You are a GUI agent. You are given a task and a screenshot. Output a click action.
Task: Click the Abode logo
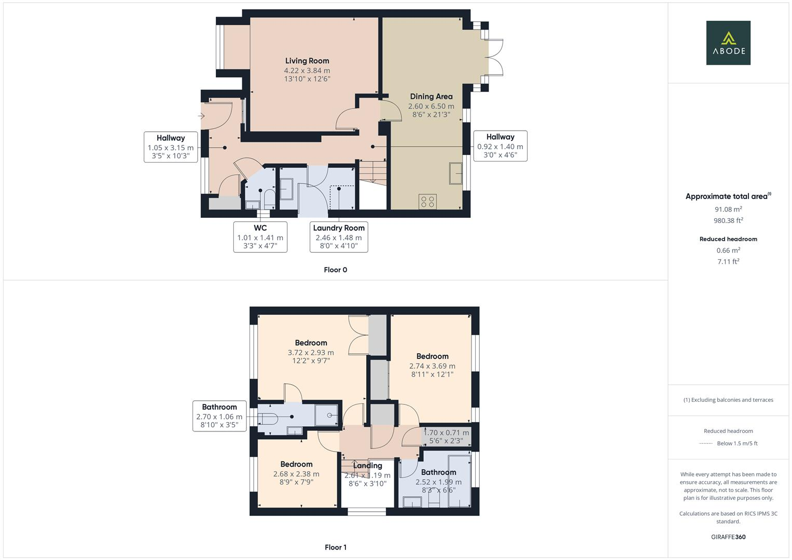pyautogui.click(x=728, y=43)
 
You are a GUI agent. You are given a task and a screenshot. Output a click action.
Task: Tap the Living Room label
pyautogui.click(x=307, y=61)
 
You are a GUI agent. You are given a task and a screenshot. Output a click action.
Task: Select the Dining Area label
pyautogui.click(x=431, y=96)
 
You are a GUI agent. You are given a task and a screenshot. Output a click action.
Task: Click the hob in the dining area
pyautogui.click(x=427, y=201)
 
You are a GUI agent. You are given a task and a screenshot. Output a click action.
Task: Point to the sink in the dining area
pyautogui.click(x=456, y=173)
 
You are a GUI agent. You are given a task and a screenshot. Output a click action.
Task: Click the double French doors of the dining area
pyautogui.click(x=495, y=58)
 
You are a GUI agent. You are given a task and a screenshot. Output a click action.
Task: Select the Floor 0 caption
pyautogui.click(x=335, y=270)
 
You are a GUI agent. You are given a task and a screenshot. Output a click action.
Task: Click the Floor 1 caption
pyautogui.click(x=335, y=547)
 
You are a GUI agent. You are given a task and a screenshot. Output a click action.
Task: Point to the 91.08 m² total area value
pyautogui.click(x=728, y=209)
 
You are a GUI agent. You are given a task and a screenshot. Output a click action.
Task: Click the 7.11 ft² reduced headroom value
pyautogui.click(x=728, y=261)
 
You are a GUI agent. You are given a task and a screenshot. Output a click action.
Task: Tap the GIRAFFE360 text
pyautogui.click(x=728, y=537)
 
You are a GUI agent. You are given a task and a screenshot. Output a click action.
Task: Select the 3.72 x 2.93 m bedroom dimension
pyautogui.click(x=311, y=353)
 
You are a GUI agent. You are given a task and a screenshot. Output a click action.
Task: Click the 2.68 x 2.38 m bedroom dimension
pyautogui.click(x=296, y=474)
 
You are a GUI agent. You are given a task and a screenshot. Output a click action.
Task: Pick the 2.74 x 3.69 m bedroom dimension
pyautogui.click(x=432, y=366)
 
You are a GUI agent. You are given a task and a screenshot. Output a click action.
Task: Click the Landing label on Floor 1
pyautogui.click(x=367, y=466)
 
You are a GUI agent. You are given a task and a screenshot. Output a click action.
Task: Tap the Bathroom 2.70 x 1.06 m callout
pyautogui.click(x=219, y=416)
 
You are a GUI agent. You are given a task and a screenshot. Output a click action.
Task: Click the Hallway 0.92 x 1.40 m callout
pyautogui.click(x=500, y=146)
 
